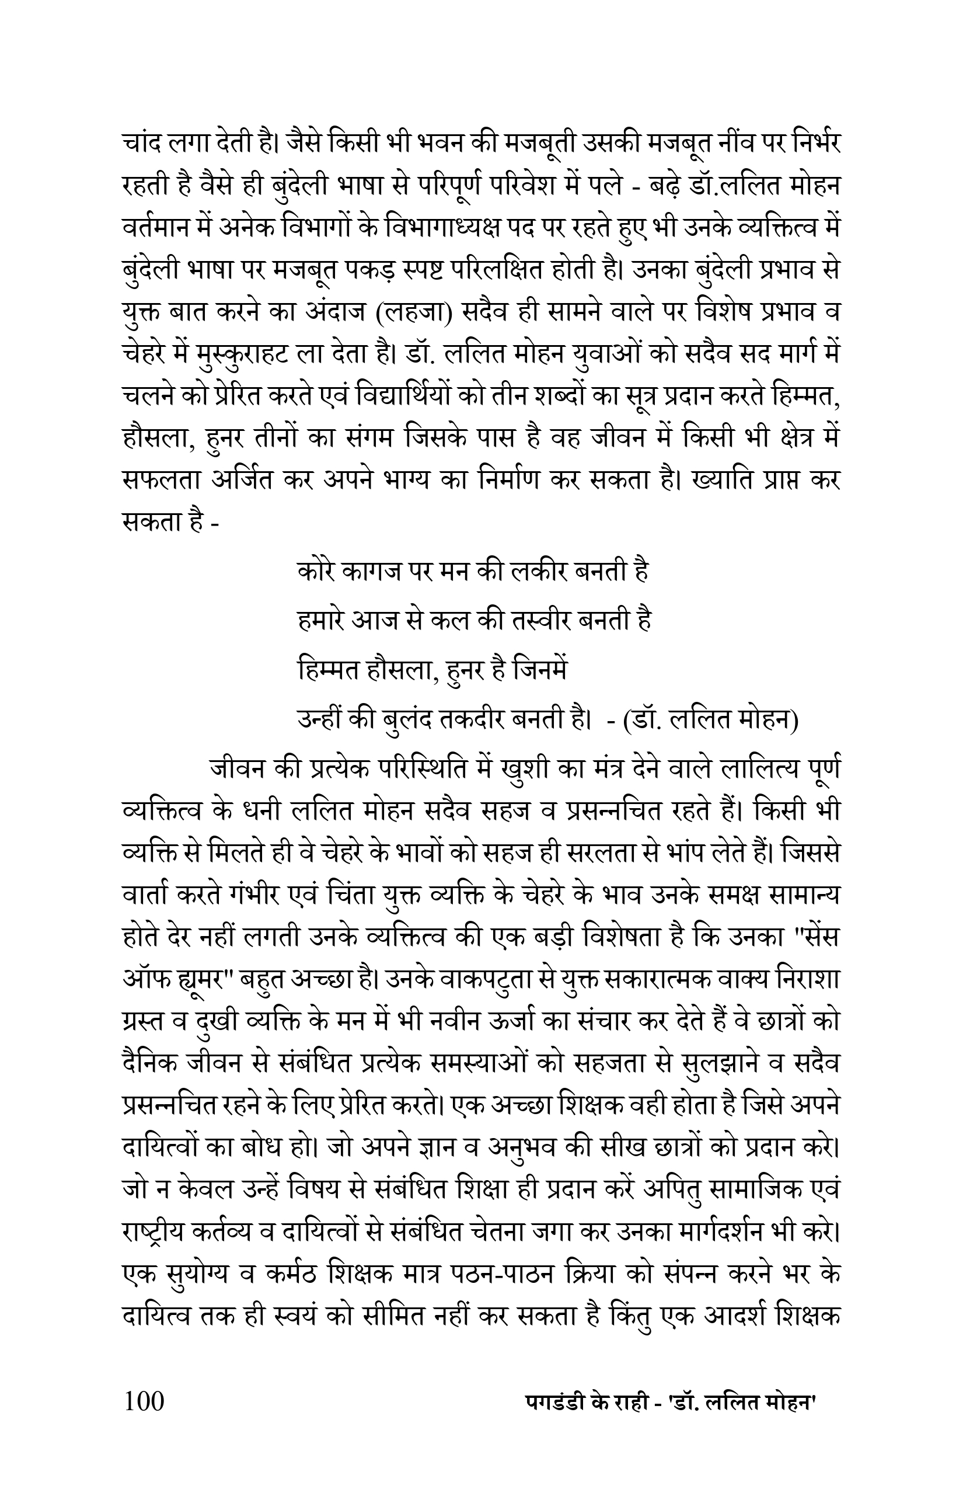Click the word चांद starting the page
coord(141,145)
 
